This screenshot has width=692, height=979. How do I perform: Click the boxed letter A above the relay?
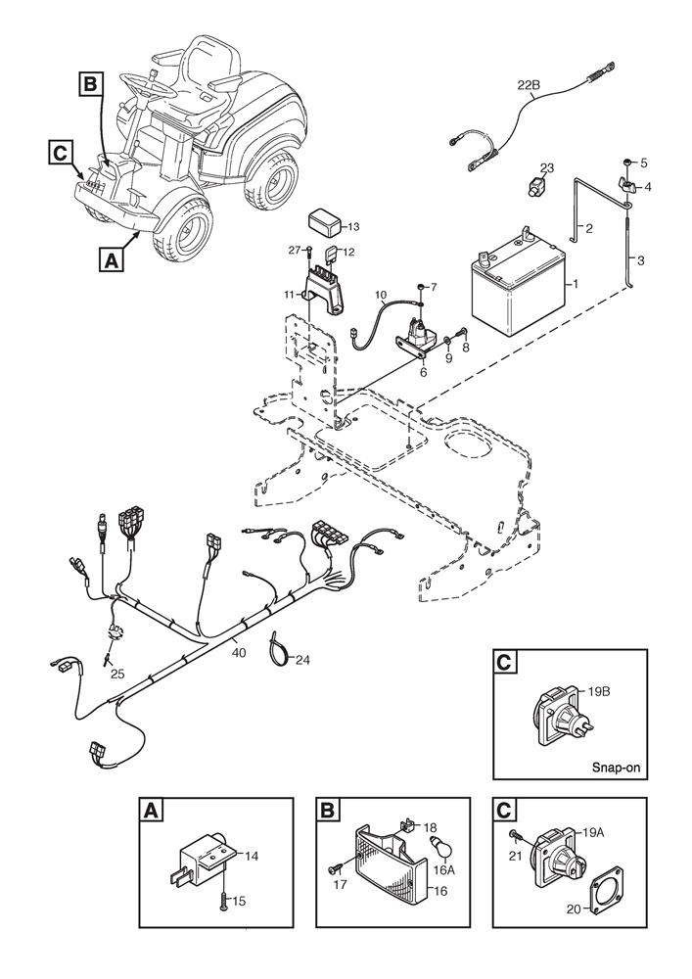(x=150, y=811)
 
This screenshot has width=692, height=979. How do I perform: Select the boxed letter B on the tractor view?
(x=89, y=85)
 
